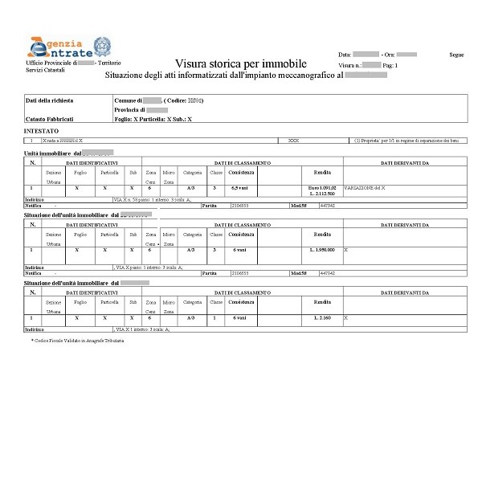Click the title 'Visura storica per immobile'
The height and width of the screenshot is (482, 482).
pos(240,63)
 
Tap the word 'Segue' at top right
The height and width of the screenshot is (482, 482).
pos(456,55)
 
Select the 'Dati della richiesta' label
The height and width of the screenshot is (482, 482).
pos(50,100)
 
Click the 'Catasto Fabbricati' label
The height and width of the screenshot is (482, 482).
pos(51,118)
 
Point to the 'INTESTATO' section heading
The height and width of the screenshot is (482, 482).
pos(41,129)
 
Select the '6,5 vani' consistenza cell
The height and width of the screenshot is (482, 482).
pos(240,186)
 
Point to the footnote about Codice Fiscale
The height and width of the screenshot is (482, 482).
pos(78,341)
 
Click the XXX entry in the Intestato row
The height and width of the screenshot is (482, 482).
pos(293,140)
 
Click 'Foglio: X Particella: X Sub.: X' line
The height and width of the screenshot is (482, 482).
pos(153,118)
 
